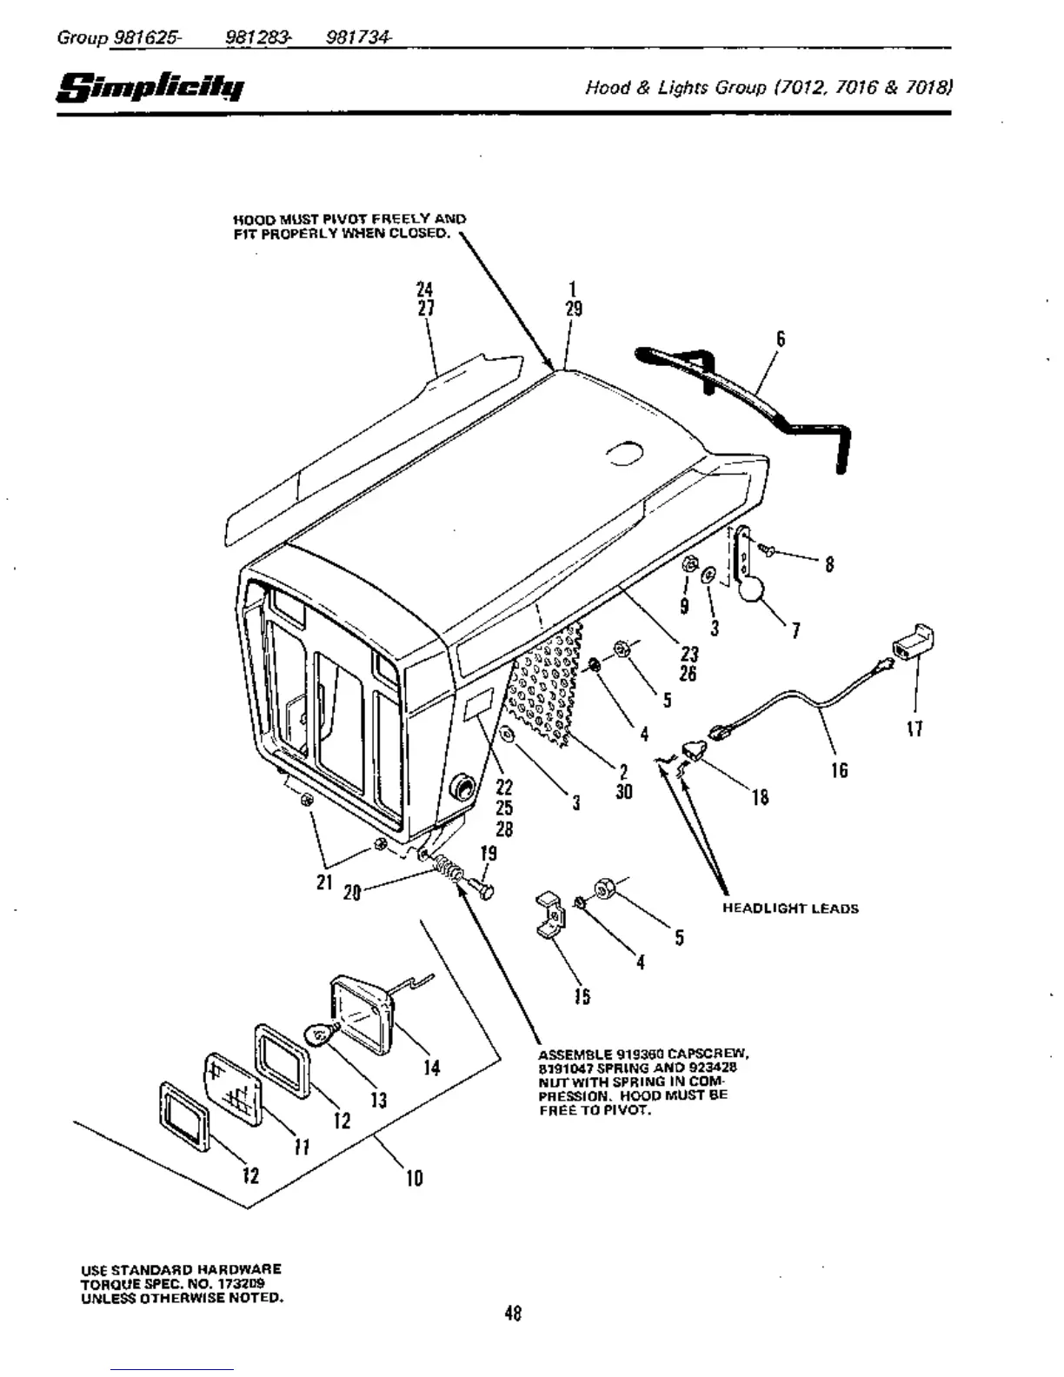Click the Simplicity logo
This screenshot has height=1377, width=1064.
coord(150,88)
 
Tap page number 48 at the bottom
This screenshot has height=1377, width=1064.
coord(513,1314)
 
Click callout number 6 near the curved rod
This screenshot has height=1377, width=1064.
coord(781,339)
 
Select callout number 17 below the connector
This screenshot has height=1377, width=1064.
coord(914,728)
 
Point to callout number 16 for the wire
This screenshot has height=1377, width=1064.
coord(839,770)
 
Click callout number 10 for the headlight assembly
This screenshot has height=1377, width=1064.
coord(415,1179)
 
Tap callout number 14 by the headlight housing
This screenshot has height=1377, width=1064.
coord(432,1068)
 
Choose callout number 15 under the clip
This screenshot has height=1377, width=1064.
coord(582,997)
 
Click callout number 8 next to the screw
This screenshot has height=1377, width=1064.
coord(829,565)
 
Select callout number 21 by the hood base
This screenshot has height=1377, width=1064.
coord(323,882)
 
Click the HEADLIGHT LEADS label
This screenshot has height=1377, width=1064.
coord(790,908)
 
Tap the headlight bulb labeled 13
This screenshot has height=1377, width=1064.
coord(320,1034)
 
